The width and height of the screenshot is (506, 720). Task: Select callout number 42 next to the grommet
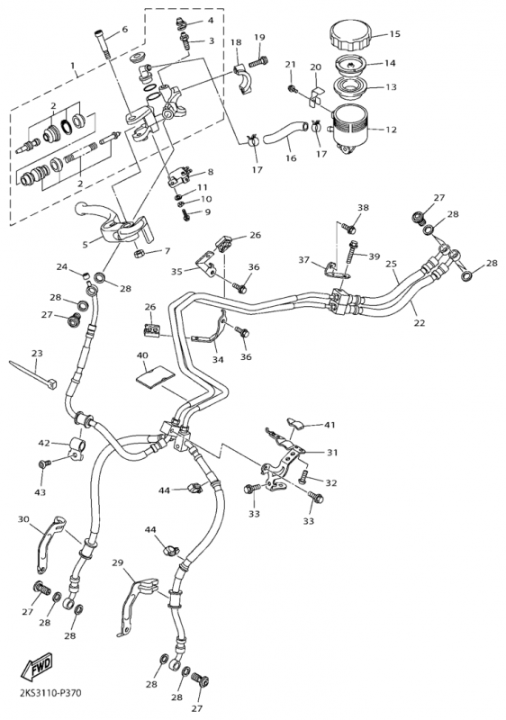click(x=45, y=443)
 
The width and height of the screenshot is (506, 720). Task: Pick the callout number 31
click(x=332, y=453)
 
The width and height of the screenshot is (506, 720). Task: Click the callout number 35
click(x=177, y=271)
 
